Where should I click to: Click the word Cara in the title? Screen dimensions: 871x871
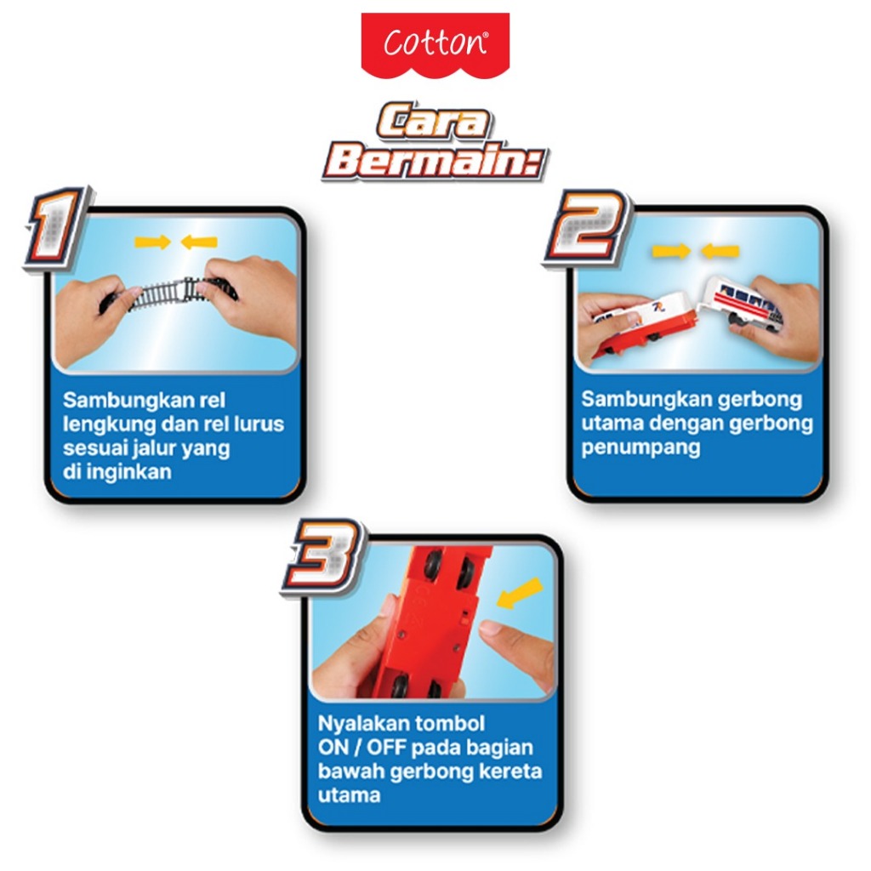(434, 120)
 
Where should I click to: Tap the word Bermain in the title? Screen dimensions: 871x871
(435, 161)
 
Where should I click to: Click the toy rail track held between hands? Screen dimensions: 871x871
(169, 293)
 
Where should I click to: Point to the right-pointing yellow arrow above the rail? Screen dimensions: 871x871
(152, 242)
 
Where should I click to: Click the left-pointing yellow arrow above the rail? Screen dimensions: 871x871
(199, 242)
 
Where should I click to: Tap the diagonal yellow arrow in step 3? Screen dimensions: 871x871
(520, 593)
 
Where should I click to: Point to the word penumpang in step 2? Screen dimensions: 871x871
(640, 448)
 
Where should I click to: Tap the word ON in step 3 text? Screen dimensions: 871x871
(333, 747)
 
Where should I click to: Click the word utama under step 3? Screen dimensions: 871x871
(349, 795)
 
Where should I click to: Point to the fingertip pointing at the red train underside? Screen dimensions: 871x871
(490, 628)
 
